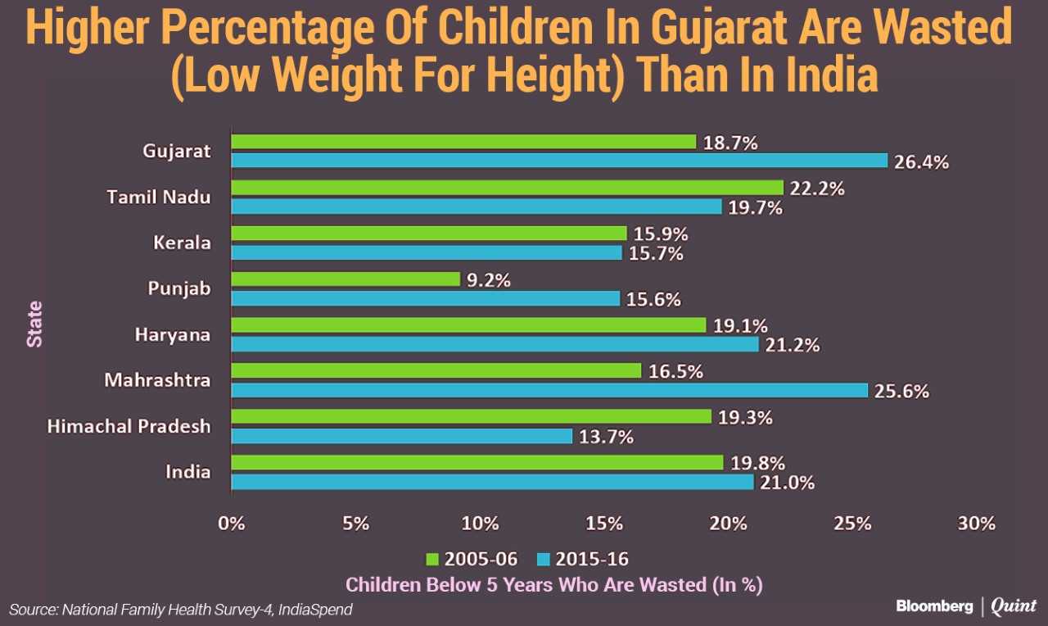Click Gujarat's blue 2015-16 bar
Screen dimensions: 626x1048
coord(559,161)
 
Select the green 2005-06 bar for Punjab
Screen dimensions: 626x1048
coord(346,279)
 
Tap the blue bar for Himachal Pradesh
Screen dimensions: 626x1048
coord(401,436)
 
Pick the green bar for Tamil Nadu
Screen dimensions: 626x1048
coord(507,188)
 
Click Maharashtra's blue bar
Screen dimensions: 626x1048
coord(549,390)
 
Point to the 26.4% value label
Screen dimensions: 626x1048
coord(921,162)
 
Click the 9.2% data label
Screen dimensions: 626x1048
coord(489,280)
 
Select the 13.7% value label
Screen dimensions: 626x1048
coord(606,438)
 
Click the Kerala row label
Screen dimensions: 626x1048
coord(182,243)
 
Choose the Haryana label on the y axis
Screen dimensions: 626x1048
coord(173,335)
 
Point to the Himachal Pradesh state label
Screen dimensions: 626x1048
coord(129,427)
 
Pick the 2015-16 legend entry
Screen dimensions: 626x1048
coord(582,560)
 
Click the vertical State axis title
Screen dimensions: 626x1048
coord(35,324)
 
